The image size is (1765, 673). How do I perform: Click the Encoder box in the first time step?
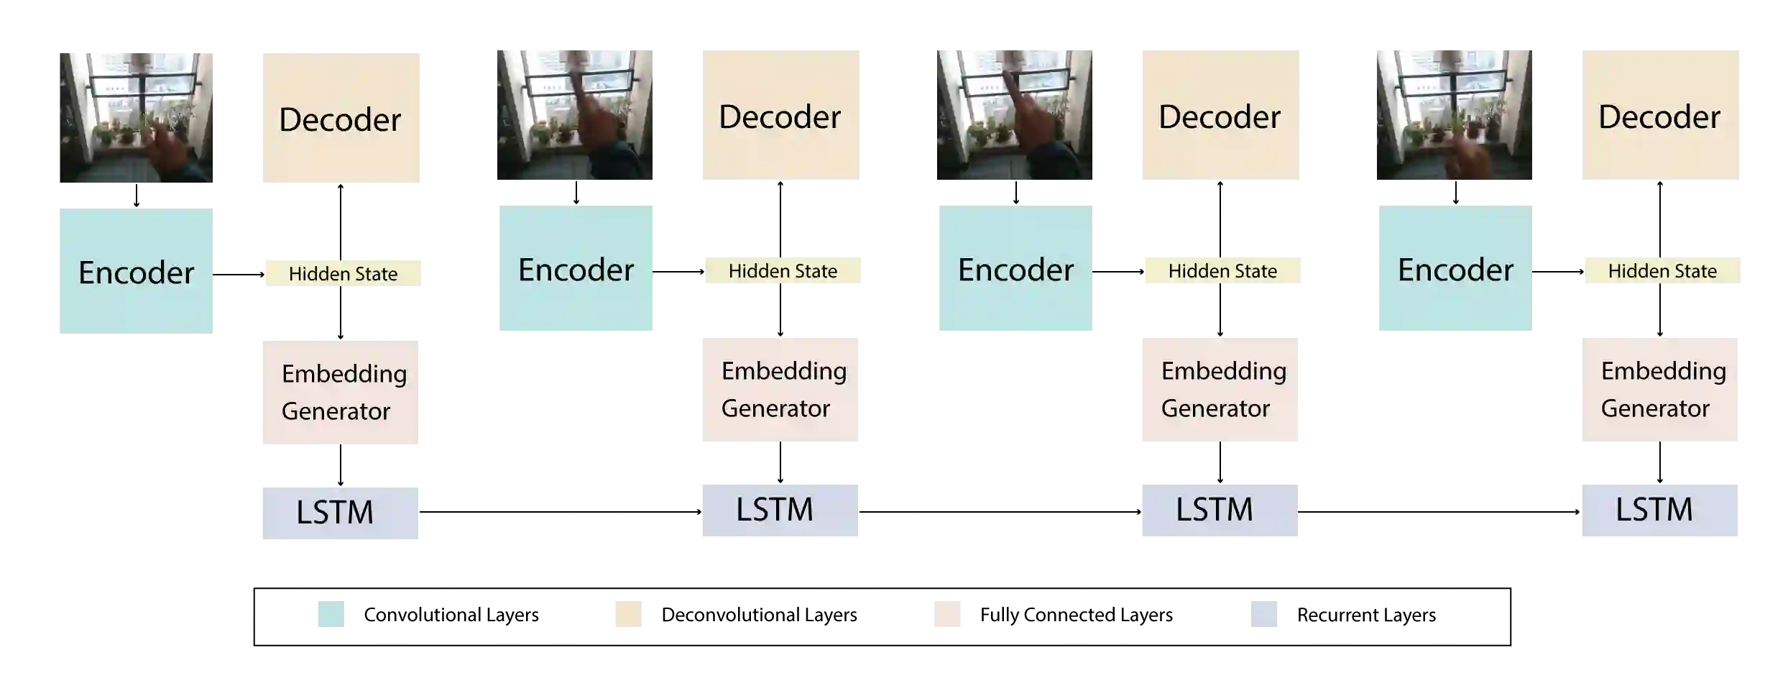135,270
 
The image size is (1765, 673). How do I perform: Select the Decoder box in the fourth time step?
1661,115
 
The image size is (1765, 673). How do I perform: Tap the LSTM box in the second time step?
781,511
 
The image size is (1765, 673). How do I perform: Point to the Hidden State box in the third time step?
1224,270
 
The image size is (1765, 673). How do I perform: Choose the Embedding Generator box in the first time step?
338,393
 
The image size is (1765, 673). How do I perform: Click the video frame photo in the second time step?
574,115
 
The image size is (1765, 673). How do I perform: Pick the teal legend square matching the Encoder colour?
331,613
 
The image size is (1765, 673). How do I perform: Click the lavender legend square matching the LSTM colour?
1264,613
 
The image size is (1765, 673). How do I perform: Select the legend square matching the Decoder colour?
629,613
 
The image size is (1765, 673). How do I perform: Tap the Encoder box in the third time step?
1014,267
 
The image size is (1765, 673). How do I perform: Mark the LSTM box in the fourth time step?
1661,511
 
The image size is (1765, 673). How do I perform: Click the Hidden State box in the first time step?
344,273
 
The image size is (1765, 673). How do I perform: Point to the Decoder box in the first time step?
338,118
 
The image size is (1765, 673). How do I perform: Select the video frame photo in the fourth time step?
1454,115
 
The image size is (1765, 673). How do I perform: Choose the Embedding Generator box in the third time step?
1218,388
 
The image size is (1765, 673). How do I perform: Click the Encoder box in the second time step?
574,267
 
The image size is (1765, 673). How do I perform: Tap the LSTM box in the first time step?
338,511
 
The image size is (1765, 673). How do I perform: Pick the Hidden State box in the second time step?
781,270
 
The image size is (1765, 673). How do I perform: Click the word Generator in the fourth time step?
1654,408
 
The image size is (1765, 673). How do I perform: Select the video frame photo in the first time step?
135,118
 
